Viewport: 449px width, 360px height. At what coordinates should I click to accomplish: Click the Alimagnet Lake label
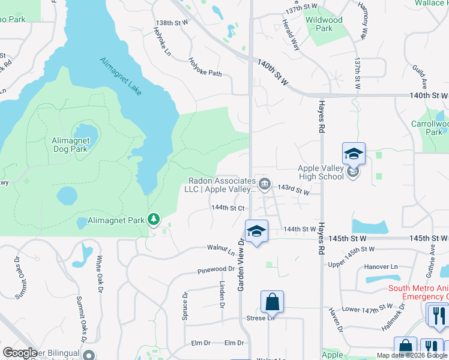[121, 77]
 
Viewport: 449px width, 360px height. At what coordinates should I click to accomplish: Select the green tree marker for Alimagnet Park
[154, 220]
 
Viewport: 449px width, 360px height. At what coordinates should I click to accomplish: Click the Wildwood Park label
[324, 24]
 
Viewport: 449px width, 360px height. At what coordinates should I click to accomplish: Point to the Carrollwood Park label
[430, 128]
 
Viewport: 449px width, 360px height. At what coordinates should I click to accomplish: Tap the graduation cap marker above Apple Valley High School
[354, 154]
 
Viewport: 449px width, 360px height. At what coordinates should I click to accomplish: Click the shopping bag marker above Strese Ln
[272, 302]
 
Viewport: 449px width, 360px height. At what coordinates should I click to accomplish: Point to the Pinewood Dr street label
[215, 270]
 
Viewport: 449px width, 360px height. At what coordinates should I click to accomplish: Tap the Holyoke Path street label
[205, 67]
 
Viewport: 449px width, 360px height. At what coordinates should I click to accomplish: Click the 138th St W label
[172, 22]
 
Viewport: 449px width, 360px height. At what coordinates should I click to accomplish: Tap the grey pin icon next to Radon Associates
[265, 183]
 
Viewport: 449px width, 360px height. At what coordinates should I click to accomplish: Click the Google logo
[20, 352]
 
